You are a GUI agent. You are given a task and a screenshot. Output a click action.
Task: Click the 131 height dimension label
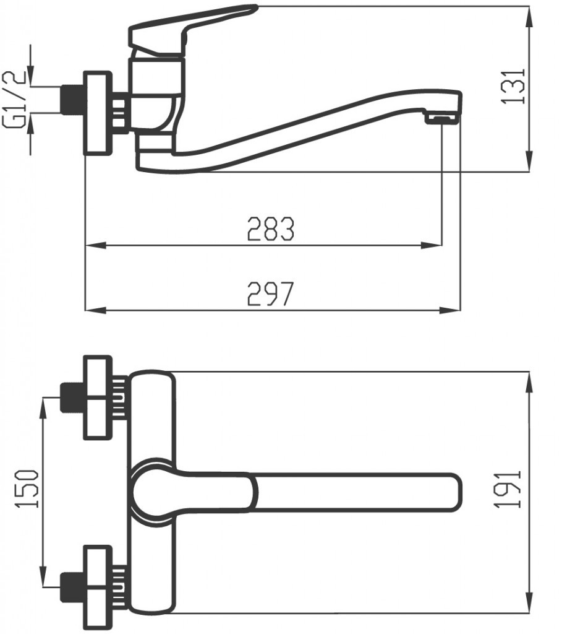point(514,85)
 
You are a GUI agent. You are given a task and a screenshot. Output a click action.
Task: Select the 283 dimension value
point(270,229)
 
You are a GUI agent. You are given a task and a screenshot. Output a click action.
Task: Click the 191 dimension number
point(513,489)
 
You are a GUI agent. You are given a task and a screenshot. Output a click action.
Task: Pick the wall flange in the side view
point(98,112)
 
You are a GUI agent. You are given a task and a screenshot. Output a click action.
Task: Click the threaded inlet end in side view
point(72,99)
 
